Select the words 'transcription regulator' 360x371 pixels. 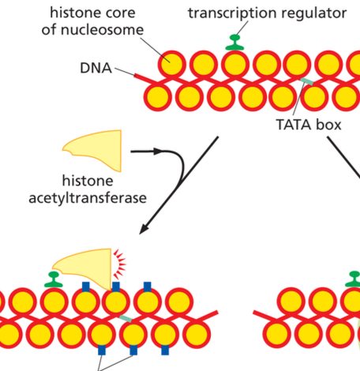coord(256,13)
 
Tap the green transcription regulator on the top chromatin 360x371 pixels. coord(233,43)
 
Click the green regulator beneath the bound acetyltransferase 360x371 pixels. coord(54,279)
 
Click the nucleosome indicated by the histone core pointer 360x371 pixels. coord(171,65)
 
